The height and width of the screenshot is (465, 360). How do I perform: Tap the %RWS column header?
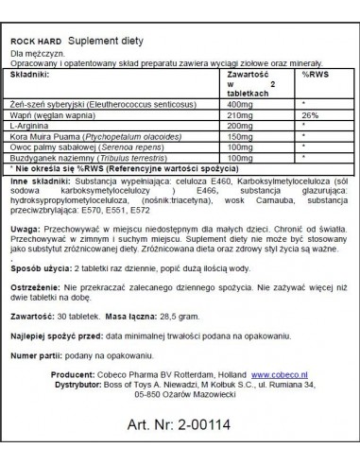pyautogui.click(x=312, y=71)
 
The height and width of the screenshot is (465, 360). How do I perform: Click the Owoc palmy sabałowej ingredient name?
pyautogui.click(x=60, y=149)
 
